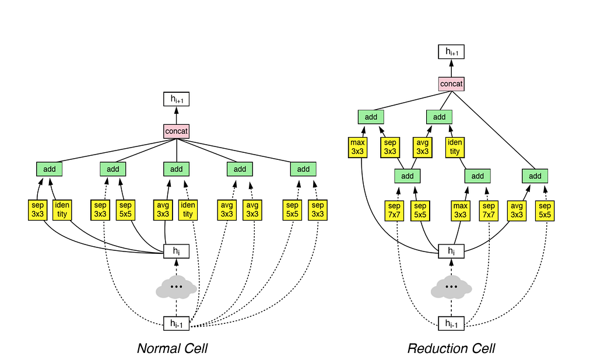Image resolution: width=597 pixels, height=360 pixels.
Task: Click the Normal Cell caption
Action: [x=172, y=348]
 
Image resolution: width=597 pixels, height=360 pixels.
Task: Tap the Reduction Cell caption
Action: [x=451, y=348]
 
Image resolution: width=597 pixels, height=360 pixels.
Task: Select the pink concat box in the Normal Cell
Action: [x=177, y=131]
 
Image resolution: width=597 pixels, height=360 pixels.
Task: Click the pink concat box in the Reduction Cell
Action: [x=451, y=84]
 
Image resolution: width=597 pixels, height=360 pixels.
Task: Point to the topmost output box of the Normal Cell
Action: [x=177, y=100]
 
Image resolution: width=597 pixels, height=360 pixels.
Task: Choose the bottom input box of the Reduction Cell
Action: [x=451, y=323]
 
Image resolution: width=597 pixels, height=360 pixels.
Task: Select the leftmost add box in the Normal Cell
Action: [x=50, y=169]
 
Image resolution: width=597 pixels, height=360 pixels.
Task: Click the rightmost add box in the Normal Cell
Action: [x=303, y=169]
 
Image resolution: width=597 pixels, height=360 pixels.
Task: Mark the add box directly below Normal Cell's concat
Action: [x=177, y=169]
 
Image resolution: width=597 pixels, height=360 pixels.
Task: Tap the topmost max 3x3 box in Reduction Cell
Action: [x=357, y=147]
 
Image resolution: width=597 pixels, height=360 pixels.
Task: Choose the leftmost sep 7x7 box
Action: [x=395, y=210]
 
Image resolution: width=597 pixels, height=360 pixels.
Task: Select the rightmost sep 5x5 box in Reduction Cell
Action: [x=545, y=210]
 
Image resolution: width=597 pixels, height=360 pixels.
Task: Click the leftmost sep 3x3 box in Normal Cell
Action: [x=38, y=210]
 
